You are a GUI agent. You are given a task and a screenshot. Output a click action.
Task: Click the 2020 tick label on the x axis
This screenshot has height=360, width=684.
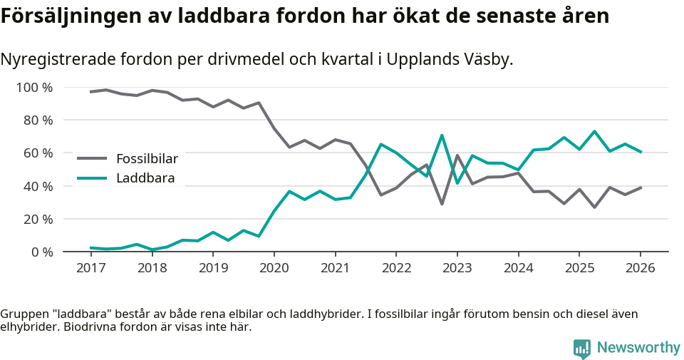pos(274,268)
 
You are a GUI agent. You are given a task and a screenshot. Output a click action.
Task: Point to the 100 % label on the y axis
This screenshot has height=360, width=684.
pos(34,88)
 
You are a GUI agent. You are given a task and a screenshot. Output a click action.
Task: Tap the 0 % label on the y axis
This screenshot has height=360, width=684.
pos(42,252)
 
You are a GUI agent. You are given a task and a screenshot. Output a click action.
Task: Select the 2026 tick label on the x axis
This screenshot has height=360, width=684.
pos(640,268)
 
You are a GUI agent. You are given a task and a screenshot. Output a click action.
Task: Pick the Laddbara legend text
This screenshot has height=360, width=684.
pos(145,178)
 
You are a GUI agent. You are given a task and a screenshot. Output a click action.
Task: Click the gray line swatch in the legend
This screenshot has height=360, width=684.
pos(93,158)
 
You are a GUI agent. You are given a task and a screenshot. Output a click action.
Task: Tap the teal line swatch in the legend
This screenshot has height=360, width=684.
pos(93,178)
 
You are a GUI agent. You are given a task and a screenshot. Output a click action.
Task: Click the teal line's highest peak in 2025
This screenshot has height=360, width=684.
pos(594,131)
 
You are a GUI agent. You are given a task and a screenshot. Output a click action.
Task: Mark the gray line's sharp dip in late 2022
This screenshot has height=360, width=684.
pos(442,204)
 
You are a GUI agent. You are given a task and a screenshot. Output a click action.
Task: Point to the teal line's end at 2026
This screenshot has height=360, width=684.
pos(641,152)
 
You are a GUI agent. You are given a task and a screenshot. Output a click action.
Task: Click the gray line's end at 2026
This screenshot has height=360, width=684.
pos(641,187)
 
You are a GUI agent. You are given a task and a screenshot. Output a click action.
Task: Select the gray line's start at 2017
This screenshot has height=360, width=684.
pos(90,92)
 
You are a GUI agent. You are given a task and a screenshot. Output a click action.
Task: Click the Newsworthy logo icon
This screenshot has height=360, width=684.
pos(582,348)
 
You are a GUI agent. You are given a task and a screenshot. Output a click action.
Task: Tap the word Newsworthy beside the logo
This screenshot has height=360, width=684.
pos(638,348)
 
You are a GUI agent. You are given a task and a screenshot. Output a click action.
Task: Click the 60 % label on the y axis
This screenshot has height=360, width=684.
pos(38,153)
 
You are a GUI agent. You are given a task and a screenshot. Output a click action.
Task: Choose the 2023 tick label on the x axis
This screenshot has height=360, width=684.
pos(457,268)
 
